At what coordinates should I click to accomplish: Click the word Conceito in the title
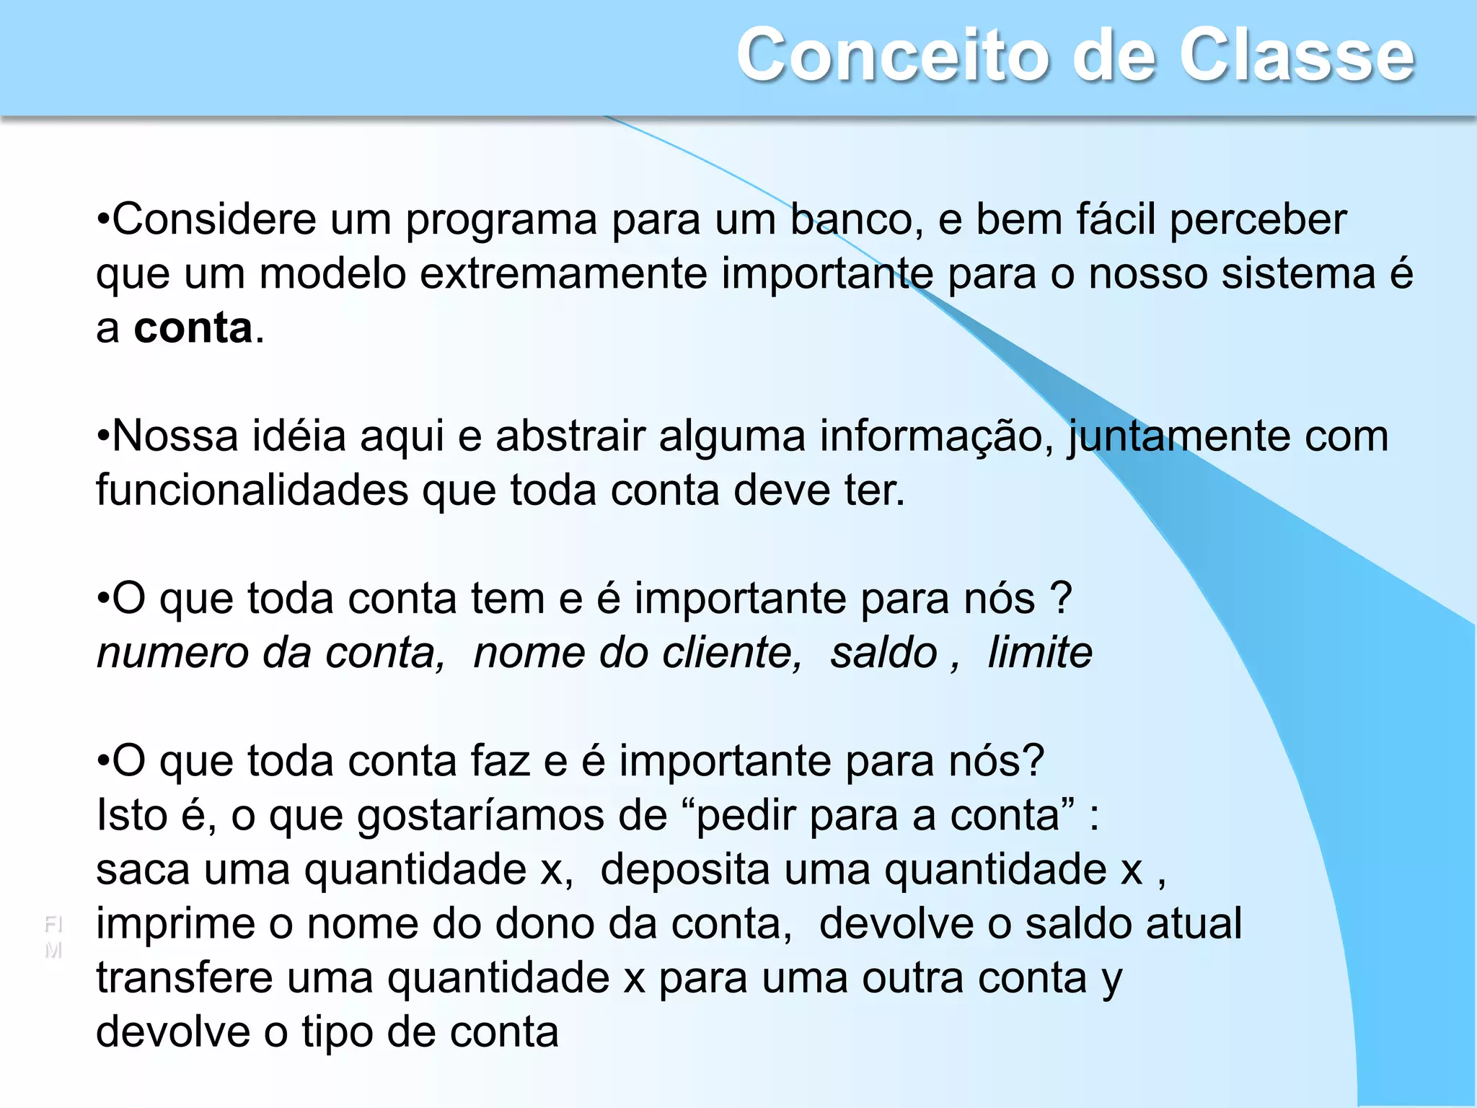[x=894, y=56]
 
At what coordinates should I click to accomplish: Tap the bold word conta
[x=193, y=328]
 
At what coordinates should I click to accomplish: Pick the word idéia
[x=299, y=436]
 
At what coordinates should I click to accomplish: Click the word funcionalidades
[x=252, y=491]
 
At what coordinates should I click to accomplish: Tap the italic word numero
[x=172, y=654]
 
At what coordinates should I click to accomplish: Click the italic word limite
[x=1039, y=654]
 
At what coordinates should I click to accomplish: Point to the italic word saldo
[x=883, y=654]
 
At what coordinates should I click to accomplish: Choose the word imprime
[x=176, y=925]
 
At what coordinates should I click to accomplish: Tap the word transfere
[x=185, y=979]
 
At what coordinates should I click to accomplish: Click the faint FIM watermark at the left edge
[x=53, y=936]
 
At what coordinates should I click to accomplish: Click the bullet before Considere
[x=104, y=219]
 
